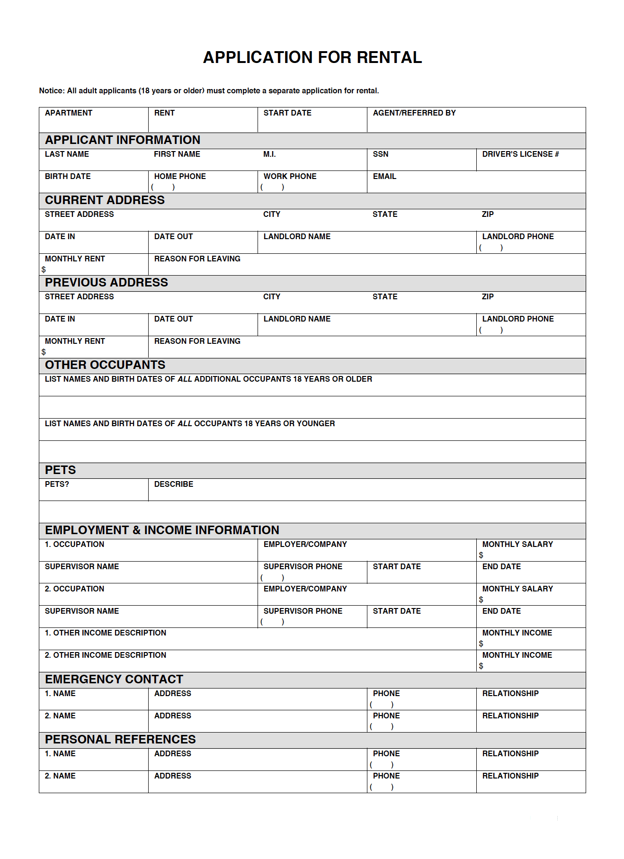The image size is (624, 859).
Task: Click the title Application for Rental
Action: point(312,58)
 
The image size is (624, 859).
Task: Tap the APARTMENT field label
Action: point(69,113)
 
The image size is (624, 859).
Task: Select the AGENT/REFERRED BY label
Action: point(414,113)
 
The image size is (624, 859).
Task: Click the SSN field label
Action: point(380,154)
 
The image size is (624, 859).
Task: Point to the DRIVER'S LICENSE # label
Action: point(520,154)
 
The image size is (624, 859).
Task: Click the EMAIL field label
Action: point(384,177)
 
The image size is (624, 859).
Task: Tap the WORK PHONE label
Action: point(290,177)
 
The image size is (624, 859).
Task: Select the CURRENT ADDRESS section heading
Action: point(105,200)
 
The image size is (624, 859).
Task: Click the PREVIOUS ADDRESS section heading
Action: point(106,283)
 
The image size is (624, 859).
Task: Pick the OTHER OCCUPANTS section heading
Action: point(105,365)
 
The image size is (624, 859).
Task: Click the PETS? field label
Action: point(57,484)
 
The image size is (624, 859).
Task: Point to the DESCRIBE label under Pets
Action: point(173,484)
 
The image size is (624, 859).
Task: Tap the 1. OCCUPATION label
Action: point(74,545)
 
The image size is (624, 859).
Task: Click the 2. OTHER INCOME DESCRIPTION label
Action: point(105,655)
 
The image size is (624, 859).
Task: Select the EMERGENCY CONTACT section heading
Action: point(114,680)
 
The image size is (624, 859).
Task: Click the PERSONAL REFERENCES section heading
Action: point(120,740)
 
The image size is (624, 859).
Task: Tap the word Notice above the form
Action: point(51,91)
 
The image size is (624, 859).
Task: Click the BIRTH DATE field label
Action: point(68,177)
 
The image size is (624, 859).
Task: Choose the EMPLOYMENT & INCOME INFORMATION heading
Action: point(162,530)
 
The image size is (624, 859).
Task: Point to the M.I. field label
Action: point(269,154)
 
